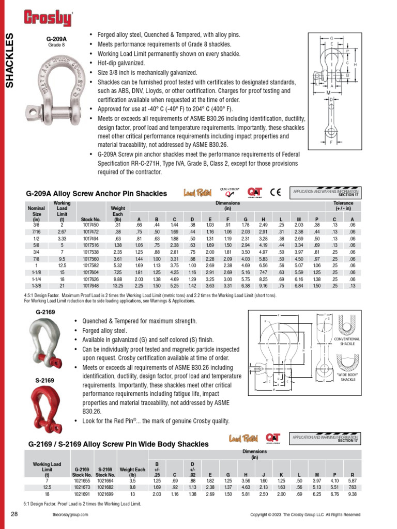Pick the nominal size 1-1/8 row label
click(36, 273)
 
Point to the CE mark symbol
click(275, 193)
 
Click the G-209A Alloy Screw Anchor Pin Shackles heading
click(97, 194)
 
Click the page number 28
click(14, 515)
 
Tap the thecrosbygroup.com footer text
click(70, 515)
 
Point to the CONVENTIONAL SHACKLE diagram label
click(350, 341)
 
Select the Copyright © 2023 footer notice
click(305, 515)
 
